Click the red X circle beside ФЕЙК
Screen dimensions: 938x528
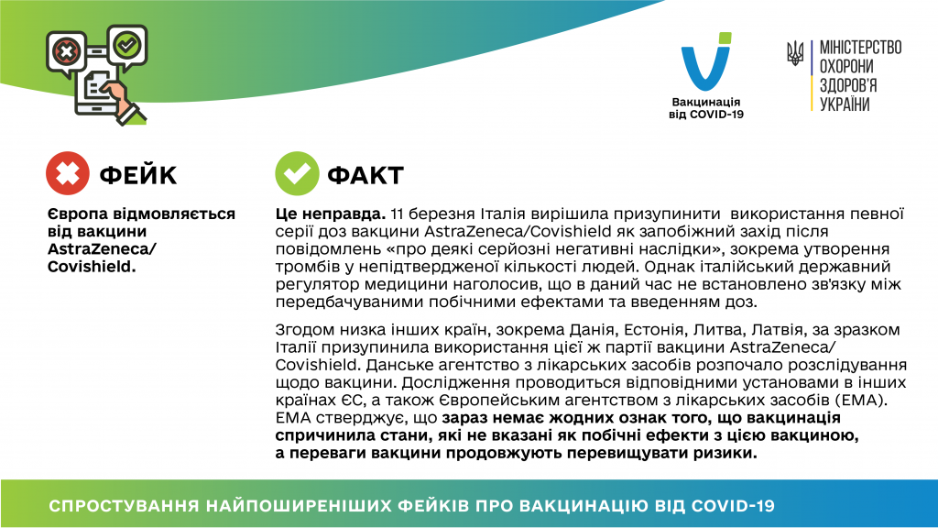[68, 173]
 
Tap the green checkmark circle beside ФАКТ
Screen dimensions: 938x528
[297, 173]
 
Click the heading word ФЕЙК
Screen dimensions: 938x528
[138, 175]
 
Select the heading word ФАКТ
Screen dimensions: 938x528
[365, 175]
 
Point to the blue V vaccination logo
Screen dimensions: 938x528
[706, 61]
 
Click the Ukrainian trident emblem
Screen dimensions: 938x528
[795, 53]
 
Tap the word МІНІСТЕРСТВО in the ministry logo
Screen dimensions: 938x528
[860, 48]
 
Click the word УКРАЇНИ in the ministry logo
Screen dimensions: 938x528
[845, 104]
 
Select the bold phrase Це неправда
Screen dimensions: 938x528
[330, 214]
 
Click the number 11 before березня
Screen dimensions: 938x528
[398, 214]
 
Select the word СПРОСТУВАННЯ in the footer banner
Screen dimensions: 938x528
[124, 506]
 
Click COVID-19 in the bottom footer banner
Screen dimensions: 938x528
[733, 506]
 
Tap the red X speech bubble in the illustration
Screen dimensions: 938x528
[66, 52]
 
